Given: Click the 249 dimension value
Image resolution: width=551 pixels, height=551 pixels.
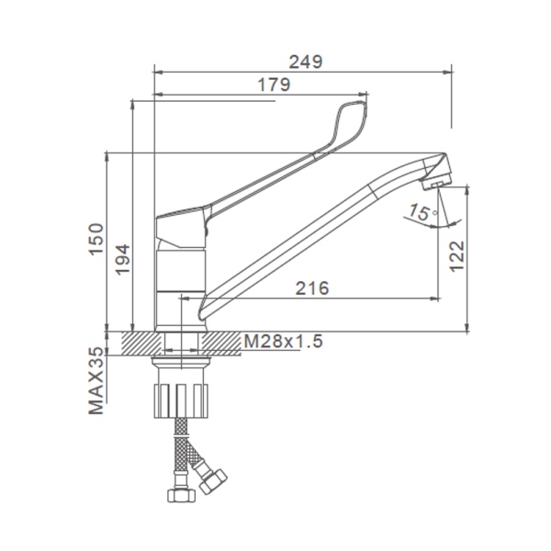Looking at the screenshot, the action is [306, 62].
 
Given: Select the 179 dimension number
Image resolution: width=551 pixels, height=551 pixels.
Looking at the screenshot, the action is [274, 84].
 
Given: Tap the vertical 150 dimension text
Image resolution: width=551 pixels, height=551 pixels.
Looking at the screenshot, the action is [96, 239].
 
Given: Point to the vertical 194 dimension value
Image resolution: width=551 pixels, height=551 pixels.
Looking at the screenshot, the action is [123, 259].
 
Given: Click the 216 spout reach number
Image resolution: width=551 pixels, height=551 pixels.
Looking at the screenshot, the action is [312, 288].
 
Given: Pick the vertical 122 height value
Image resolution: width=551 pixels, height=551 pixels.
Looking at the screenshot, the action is [457, 256].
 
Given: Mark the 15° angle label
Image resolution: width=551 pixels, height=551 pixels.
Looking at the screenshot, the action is [422, 212].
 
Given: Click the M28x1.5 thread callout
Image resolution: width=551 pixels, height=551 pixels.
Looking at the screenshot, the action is [283, 341].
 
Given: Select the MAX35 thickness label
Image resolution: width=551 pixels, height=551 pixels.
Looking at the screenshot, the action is [96, 381].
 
